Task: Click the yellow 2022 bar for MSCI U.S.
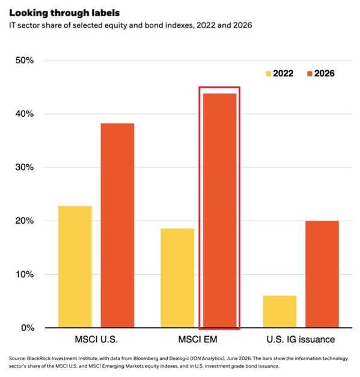75,266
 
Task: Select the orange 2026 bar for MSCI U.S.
118,225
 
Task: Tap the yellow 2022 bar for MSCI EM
177,278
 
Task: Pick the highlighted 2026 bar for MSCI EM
219,210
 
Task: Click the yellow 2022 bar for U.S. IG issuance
279,311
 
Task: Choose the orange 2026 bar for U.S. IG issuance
322,274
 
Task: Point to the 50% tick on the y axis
25,60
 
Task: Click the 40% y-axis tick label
25,114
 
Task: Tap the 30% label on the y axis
25,167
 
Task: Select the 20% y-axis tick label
25,221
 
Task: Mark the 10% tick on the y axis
25,274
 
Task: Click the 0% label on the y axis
28,328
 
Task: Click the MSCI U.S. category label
96,340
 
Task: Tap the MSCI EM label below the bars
198,340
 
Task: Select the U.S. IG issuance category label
301,340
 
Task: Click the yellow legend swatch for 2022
269,73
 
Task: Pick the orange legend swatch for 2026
310,73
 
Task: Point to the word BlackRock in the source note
38,358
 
